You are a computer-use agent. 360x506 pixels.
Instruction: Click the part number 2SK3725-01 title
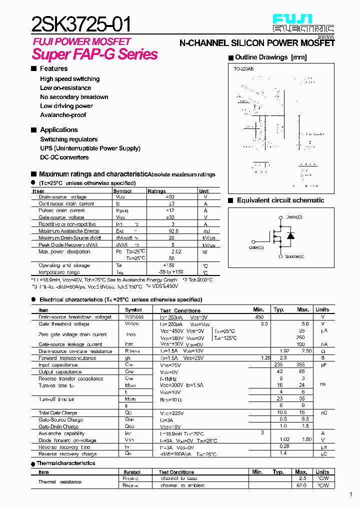[83, 23]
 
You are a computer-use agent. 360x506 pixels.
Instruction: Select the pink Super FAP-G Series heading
[95, 54]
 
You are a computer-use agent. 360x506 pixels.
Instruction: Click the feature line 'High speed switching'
[69, 79]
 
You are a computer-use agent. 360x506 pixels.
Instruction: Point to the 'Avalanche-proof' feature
[63, 115]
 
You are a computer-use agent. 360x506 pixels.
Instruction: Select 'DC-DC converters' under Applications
[64, 157]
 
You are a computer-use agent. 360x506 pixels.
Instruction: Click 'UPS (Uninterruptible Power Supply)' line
[90, 148]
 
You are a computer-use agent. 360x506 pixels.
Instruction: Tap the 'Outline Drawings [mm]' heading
[270, 57]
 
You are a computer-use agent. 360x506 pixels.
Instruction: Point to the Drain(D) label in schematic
[294, 217]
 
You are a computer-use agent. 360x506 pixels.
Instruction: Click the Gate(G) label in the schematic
[256, 247]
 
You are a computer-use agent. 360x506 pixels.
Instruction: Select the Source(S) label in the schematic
[294, 256]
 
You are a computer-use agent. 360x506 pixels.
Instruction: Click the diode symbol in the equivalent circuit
[290, 235]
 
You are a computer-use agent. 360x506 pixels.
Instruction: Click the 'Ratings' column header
[156, 191]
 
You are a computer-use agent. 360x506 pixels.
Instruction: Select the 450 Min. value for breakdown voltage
[259, 317]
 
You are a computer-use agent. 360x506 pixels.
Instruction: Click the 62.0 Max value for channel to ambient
[301, 485]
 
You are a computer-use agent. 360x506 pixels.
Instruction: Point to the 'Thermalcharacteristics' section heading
[66, 463]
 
